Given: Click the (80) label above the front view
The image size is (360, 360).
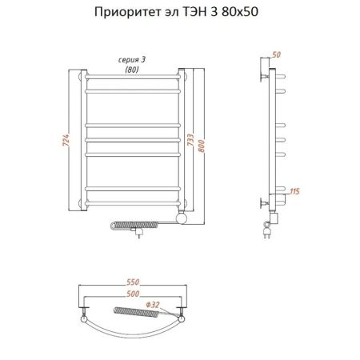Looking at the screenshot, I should pyautogui.click(x=131, y=70).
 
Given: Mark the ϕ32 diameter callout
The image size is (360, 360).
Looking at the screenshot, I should pyautogui.click(x=154, y=303).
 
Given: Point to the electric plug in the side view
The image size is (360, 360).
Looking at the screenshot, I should pyautogui.click(x=266, y=233).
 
